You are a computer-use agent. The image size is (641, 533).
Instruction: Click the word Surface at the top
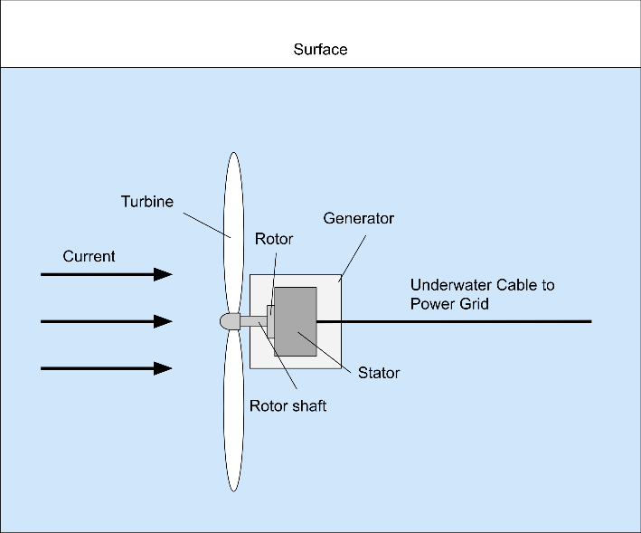(320, 50)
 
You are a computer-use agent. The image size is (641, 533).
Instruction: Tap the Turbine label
(147, 202)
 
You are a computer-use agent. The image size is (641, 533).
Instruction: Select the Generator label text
(359, 218)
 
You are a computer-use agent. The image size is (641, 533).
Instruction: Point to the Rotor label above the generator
(274, 239)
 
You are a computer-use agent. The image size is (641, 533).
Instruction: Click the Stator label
(379, 373)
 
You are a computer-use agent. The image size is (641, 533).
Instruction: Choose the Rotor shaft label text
(288, 405)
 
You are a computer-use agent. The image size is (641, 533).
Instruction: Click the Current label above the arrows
(89, 256)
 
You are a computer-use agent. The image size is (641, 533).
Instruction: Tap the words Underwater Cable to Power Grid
(483, 294)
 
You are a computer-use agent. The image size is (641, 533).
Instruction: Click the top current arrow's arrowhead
(163, 274)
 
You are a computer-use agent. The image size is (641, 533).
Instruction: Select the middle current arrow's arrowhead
(163, 321)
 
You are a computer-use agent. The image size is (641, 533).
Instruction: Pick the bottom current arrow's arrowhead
(163, 368)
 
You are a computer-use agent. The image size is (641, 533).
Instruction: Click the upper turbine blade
(233, 233)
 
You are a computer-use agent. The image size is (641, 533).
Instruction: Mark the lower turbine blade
(233, 410)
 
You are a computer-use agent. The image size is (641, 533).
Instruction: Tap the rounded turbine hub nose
(230, 321)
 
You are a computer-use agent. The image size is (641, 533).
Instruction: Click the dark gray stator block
(296, 321)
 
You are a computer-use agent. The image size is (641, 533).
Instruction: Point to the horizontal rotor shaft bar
(253, 321)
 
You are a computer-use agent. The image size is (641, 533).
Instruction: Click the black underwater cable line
(454, 321)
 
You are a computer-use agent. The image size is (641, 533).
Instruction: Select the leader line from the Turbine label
(207, 225)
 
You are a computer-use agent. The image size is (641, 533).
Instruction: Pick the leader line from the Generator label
(353, 259)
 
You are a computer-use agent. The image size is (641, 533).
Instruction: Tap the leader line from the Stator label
(325, 352)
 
